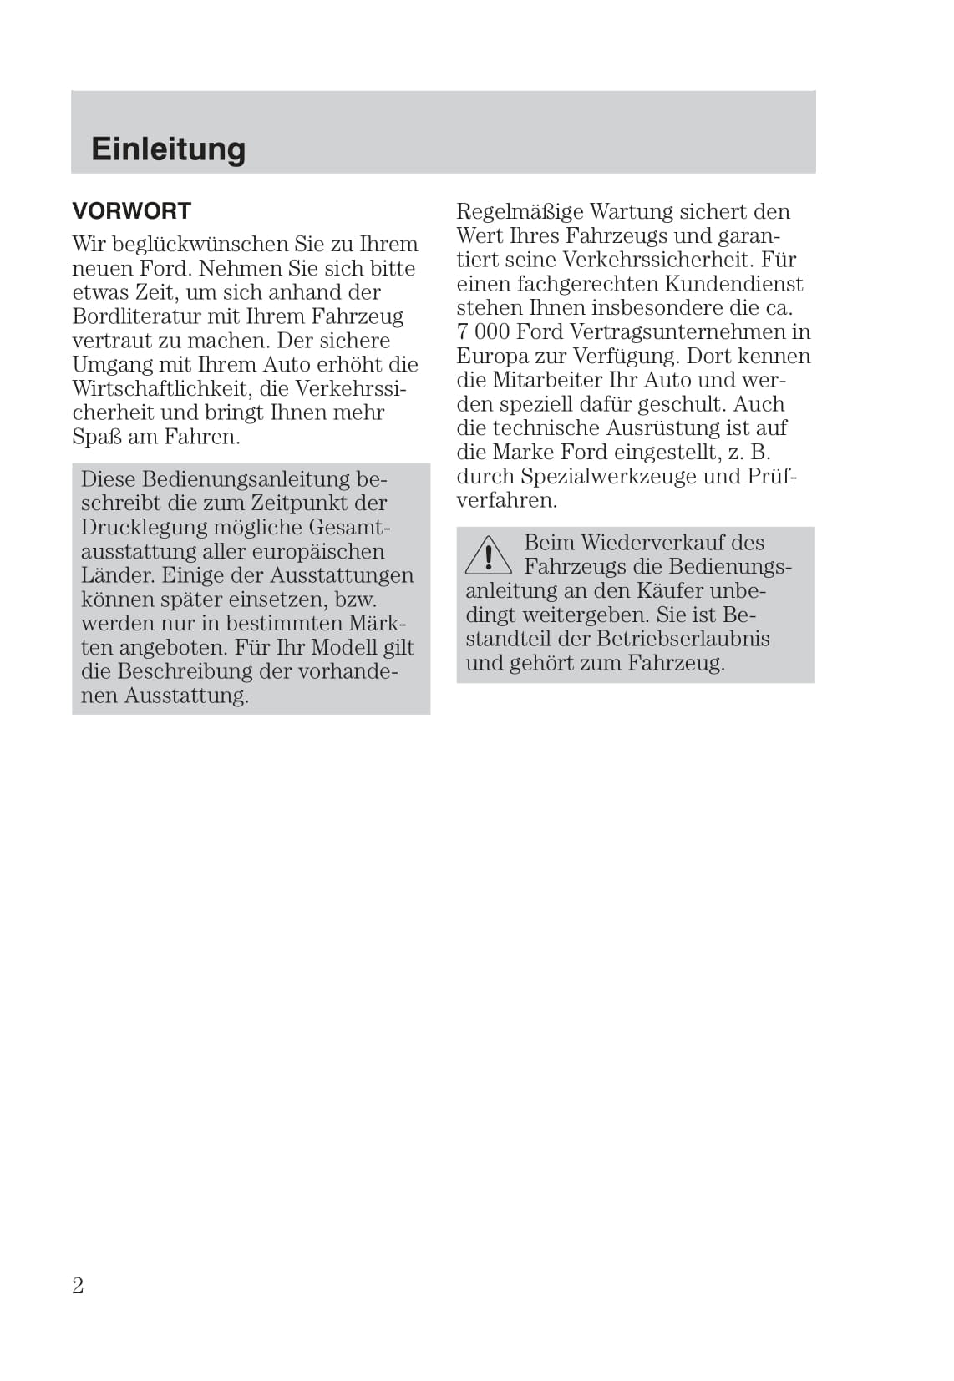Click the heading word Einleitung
pyautogui.click(x=168, y=149)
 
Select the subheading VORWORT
pyautogui.click(x=132, y=211)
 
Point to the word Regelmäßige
pyautogui.click(x=519, y=212)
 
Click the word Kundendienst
pyautogui.click(x=733, y=284)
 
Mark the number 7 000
pyautogui.click(x=483, y=332)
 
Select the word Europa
pyautogui.click(x=492, y=357)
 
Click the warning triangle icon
pyautogui.click(x=488, y=556)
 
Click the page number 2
pyautogui.click(x=78, y=1286)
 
